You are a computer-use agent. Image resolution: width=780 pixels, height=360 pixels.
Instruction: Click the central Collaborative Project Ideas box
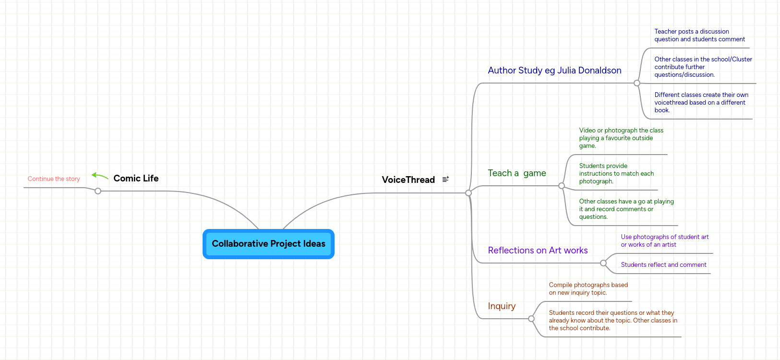[268, 244]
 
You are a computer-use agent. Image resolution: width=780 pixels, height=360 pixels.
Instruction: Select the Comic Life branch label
[136, 178]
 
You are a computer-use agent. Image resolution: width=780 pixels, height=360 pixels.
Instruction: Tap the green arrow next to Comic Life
[100, 176]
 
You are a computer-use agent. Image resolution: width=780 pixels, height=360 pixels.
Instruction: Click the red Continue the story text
[54, 179]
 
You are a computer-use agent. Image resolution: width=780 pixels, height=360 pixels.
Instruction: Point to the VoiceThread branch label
[408, 180]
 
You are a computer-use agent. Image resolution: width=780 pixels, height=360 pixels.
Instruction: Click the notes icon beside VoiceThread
[445, 179]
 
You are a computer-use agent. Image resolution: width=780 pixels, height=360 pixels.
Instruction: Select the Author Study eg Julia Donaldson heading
[554, 71]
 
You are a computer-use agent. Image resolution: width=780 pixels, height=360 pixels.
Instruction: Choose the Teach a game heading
[516, 173]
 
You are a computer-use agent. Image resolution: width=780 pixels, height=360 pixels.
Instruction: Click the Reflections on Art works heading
[538, 251]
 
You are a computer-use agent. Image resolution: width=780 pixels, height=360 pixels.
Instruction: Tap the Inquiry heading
[502, 306]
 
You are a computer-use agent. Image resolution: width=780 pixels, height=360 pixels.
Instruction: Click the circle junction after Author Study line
[637, 83]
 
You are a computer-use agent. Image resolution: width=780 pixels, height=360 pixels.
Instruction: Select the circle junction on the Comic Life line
[98, 191]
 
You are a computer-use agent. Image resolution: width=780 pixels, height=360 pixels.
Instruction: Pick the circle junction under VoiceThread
[468, 193]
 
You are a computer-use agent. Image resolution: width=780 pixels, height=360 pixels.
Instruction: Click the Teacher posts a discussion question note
[699, 36]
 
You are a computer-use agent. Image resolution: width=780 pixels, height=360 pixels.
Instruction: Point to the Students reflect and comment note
[663, 265]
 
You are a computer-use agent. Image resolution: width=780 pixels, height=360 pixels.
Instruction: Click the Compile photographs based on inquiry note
[588, 289]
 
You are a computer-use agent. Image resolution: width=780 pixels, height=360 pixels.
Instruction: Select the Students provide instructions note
[616, 174]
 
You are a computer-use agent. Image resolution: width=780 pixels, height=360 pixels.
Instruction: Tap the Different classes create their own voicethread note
[701, 103]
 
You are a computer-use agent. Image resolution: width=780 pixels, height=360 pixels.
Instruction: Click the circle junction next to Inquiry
[531, 319]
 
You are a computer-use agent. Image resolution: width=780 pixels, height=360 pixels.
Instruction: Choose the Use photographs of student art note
[664, 241]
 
